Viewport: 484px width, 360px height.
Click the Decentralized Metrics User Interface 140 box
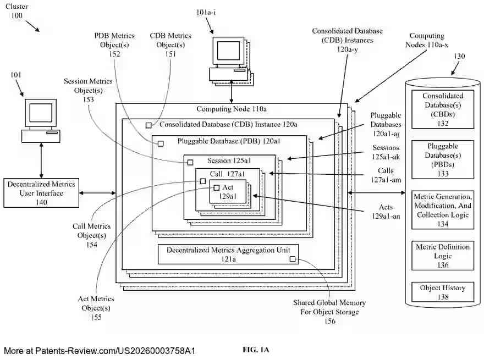(x=41, y=193)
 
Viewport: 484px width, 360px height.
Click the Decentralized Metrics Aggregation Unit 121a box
(x=228, y=254)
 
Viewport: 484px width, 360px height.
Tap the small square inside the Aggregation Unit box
(x=293, y=259)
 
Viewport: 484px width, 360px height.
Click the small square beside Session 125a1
(x=190, y=162)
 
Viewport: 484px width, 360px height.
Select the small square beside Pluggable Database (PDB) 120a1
(x=161, y=143)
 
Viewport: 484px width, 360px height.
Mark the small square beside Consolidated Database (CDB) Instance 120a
(x=148, y=125)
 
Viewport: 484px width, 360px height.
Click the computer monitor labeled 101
(x=41, y=114)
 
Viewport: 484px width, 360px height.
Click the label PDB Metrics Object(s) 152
(x=115, y=44)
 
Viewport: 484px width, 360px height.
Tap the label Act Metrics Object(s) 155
(x=96, y=308)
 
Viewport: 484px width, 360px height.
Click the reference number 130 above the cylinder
(x=459, y=57)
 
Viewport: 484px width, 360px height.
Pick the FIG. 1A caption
(x=256, y=350)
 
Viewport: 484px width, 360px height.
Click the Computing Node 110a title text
(x=231, y=109)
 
